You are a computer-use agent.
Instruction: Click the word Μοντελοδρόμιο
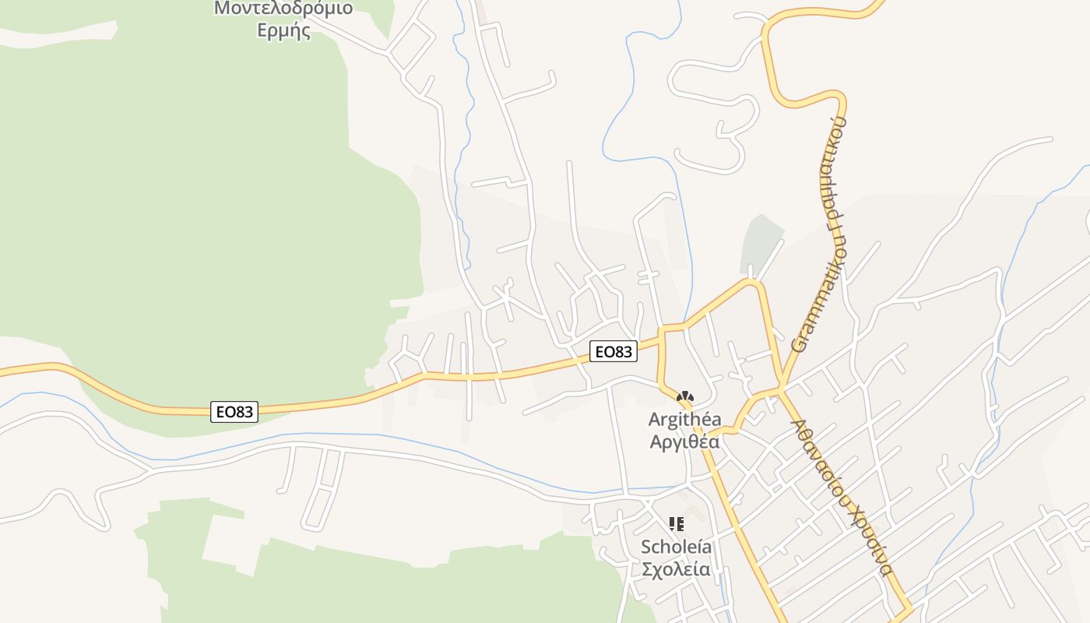click(283, 9)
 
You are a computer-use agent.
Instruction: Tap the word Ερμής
click(284, 32)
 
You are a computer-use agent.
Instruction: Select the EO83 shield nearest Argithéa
click(613, 352)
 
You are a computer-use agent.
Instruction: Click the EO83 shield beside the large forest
click(234, 412)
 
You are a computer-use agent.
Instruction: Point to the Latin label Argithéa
click(684, 420)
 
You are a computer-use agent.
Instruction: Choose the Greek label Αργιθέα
click(684, 442)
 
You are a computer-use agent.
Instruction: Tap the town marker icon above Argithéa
click(685, 398)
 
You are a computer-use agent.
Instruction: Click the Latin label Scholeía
click(676, 547)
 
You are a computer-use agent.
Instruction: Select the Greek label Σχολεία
click(676, 569)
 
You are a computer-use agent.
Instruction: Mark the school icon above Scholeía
click(677, 524)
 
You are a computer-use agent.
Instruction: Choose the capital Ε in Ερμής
click(263, 32)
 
